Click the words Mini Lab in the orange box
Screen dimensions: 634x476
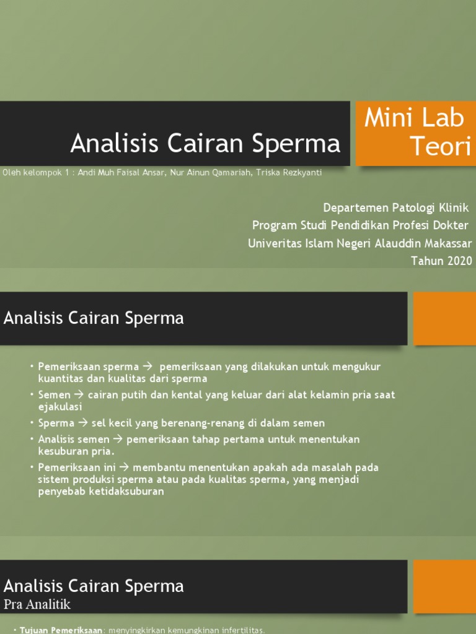[x=415, y=118]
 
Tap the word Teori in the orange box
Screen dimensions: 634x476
[x=441, y=147]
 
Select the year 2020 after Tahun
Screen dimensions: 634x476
[x=459, y=261]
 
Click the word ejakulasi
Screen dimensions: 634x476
[x=59, y=407]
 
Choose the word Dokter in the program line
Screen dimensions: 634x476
[x=451, y=225]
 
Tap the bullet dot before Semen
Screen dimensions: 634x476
[x=31, y=395]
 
